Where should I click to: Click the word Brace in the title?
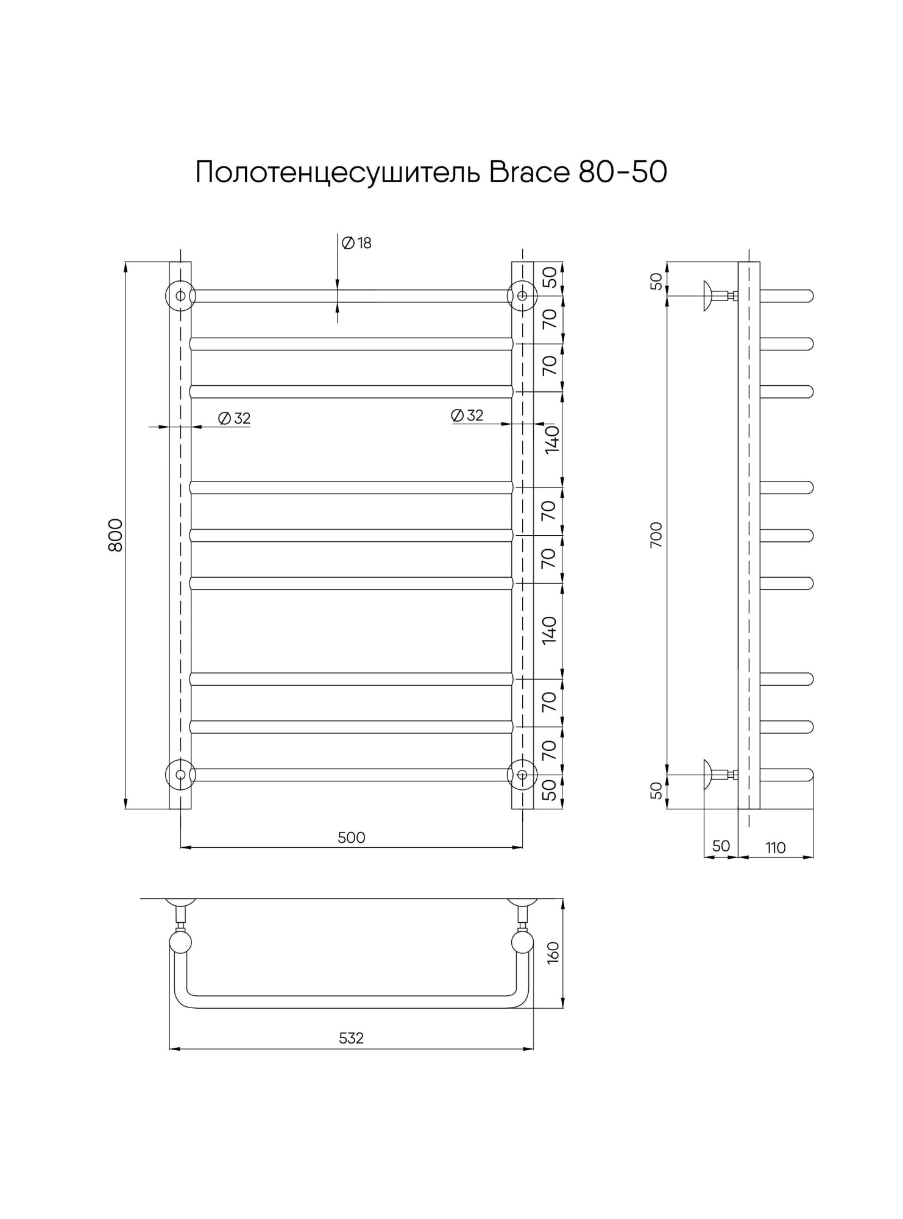tap(528, 172)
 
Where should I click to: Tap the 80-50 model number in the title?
tap(622, 172)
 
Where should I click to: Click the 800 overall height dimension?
tap(116, 535)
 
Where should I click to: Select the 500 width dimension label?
tap(352, 837)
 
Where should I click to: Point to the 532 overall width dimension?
tap(352, 1038)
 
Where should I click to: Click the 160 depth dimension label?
tap(553, 952)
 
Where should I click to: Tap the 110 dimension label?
tap(775, 848)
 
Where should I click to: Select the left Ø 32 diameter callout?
tap(235, 419)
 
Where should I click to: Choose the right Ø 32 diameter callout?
tap(467, 416)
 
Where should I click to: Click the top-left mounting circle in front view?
tap(180, 296)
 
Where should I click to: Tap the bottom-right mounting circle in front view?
tap(522, 774)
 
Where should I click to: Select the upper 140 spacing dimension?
tap(551, 439)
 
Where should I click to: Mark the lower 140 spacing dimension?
tap(550, 631)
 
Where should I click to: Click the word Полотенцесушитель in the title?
tap(338, 172)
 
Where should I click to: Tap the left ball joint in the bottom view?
tap(180, 942)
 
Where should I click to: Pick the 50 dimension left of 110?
tap(721, 846)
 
